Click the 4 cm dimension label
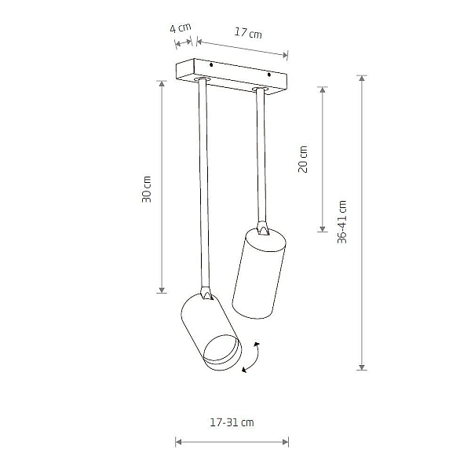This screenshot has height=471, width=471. [x=181, y=28]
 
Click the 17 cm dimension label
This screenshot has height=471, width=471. [x=248, y=32]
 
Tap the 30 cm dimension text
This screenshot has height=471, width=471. [x=147, y=189]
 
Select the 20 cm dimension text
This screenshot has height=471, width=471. [x=303, y=159]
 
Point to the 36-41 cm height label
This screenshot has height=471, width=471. [x=341, y=221]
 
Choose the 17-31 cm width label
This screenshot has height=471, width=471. [x=232, y=422]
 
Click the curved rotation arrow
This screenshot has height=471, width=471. [x=252, y=358]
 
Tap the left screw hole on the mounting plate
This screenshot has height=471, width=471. [x=211, y=65]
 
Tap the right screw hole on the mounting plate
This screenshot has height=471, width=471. [x=269, y=75]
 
